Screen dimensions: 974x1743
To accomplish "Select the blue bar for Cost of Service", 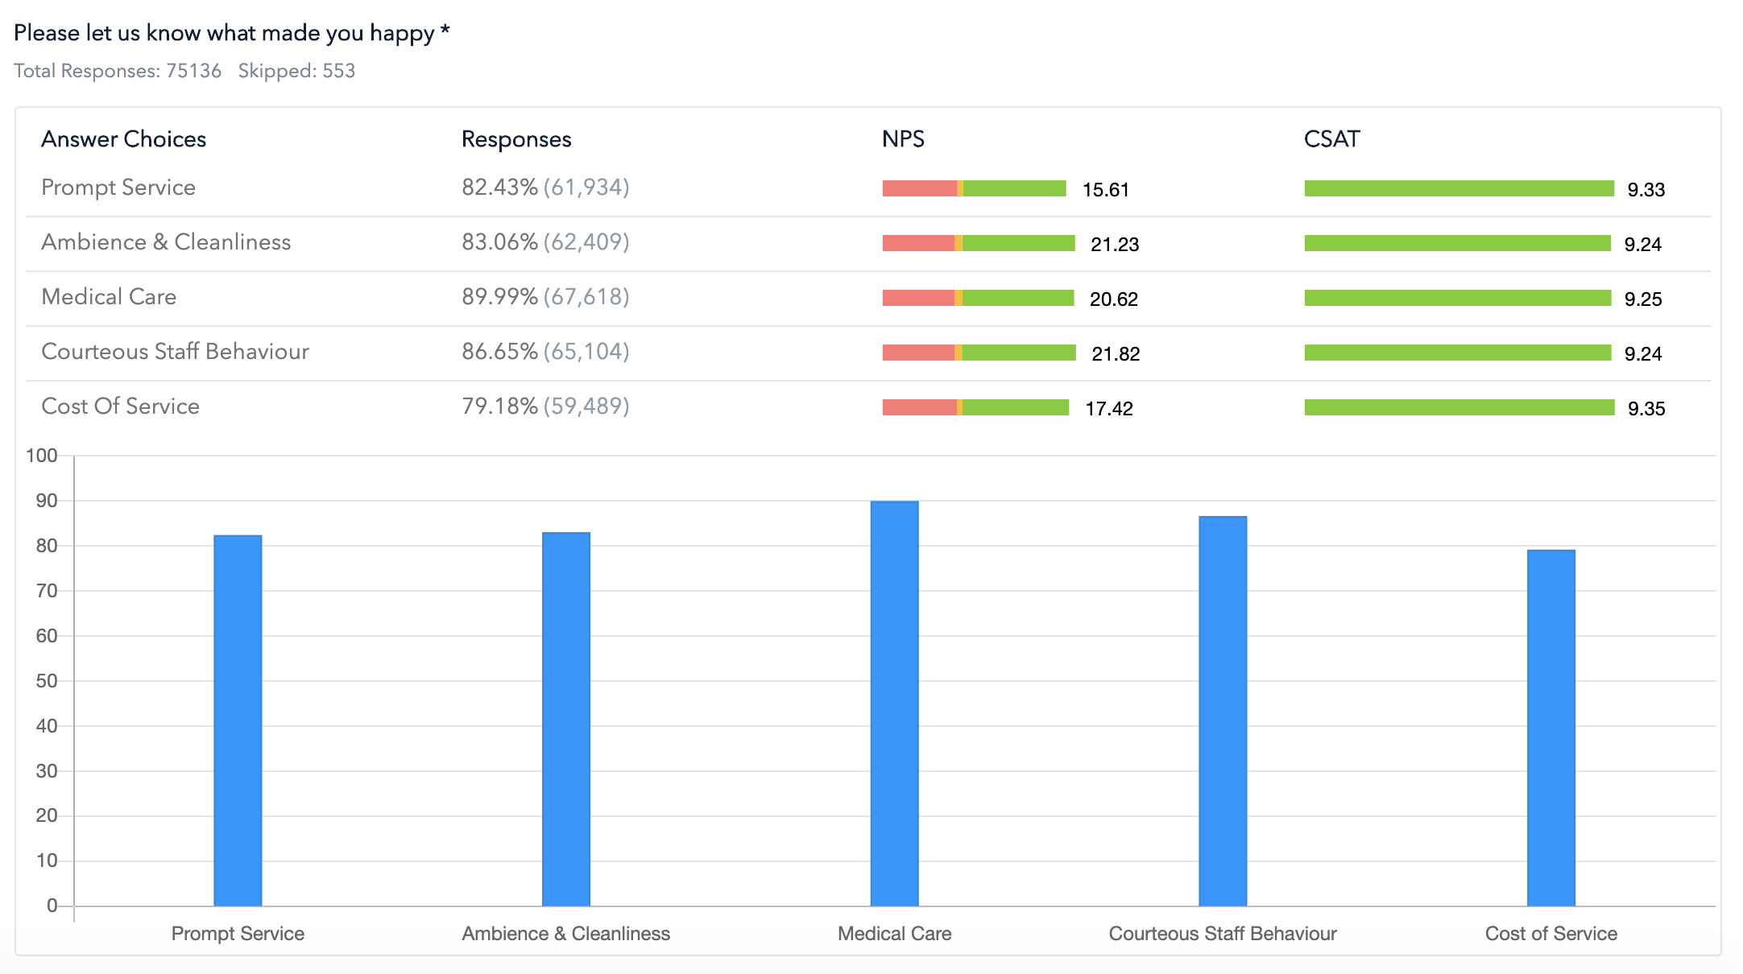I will pyautogui.click(x=1550, y=728).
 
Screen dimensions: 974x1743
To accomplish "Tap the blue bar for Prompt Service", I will pyautogui.click(x=238, y=720).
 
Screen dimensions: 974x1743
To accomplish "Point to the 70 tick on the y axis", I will pyautogui.click(x=46, y=591).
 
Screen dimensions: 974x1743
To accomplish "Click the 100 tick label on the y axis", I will pyautogui.click(x=42, y=456).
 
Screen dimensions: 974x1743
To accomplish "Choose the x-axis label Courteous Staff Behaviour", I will pyautogui.click(x=1222, y=934).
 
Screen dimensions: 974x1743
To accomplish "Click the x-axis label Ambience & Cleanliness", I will pyautogui.click(x=565, y=934).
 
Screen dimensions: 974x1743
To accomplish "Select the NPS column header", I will pyautogui.click(x=903, y=139).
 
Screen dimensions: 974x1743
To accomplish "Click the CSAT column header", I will pyautogui.click(x=1331, y=139).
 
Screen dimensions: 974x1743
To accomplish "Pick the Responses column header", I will pyautogui.click(x=516, y=139).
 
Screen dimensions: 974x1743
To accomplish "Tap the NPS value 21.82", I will pyautogui.click(x=1116, y=353).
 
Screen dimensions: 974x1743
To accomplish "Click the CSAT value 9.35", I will pyautogui.click(x=1646, y=408).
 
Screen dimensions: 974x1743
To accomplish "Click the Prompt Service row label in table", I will pyautogui.click(x=118, y=188).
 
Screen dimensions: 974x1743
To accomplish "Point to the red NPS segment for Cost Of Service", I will pyautogui.click(x=919, y=407).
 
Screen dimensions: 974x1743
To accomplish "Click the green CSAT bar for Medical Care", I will pyautogui.click(x=1457, y=298).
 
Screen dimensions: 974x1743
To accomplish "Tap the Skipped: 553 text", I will pyautogui.click(x=296, y=71).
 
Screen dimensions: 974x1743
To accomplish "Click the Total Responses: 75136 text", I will pyautogui.click(x=118, y=71).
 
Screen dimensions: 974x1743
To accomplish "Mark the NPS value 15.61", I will pyautogui.click(x=1106, y=190).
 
